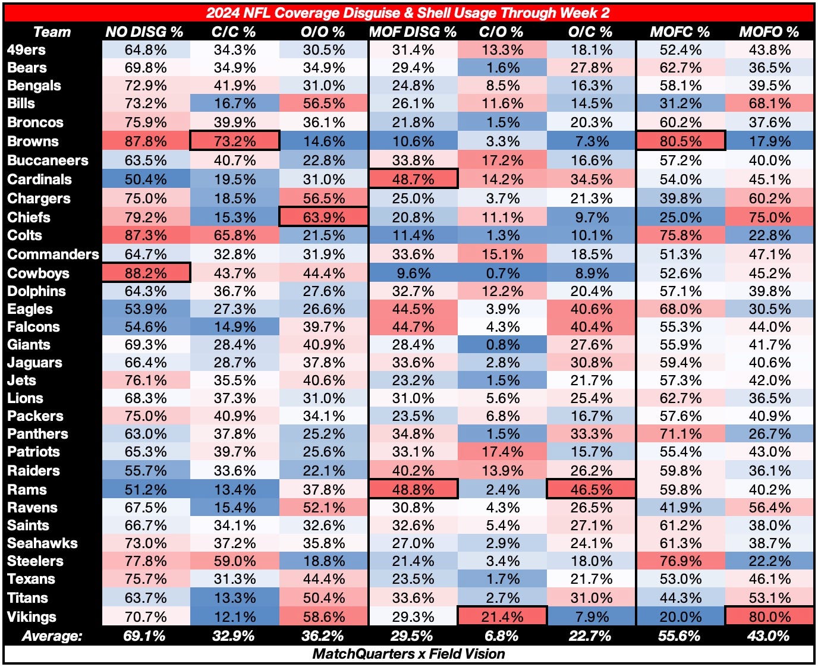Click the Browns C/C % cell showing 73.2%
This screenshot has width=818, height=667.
(x=234, y=141)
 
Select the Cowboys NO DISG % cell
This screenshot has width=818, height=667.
(x=146, y=273)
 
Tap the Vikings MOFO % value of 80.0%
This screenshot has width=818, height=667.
(x=769, y=617)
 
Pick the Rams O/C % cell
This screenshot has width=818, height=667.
(x=590, y=490)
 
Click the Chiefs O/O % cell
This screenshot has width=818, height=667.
(x=323, y=218)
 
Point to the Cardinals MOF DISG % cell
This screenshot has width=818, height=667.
(x=413, y=180)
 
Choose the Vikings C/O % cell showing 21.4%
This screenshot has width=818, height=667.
(x=502, y=617)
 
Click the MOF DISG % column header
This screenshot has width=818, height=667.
(x=413, y=32)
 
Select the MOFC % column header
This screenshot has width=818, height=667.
(x=679, y=32)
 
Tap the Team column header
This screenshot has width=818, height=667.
(x=52, y=32)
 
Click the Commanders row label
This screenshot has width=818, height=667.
(x=53, y=254)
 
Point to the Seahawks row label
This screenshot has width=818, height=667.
(x=42, y=543)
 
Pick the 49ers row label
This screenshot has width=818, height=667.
(x=26, y=50)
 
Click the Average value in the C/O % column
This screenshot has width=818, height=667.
(x=502, y=636)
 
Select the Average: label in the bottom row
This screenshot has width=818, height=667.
(x=52, y=636)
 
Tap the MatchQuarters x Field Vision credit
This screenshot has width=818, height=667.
(x=409, y=654)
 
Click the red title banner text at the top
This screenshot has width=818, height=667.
(x=409, y=13)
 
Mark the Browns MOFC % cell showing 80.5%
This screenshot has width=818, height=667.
(x=679, y=141)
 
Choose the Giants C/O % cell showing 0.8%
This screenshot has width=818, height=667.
(x=502, y=345)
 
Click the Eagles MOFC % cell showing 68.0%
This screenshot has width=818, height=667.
(x=679, y=309)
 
